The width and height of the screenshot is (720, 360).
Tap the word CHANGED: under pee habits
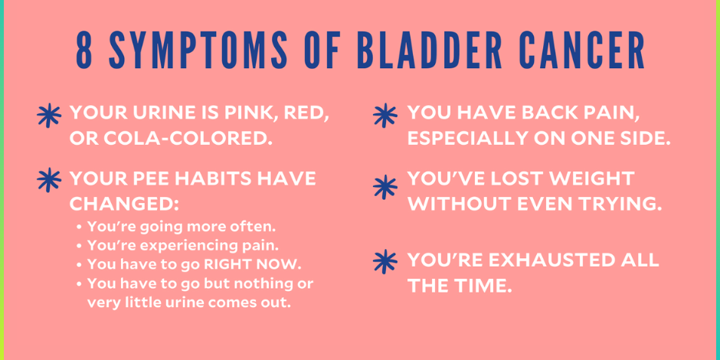(123, 204)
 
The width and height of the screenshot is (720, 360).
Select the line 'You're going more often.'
(180, 227)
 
